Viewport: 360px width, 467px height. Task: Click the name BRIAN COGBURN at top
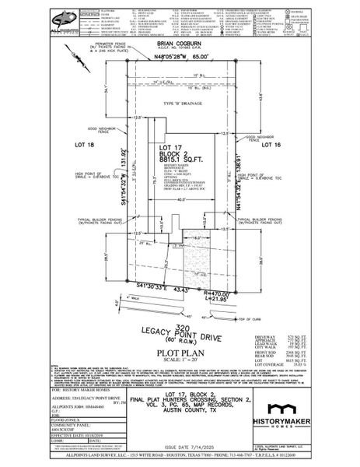(180, 46)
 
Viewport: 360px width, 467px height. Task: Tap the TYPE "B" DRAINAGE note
(178, 102)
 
